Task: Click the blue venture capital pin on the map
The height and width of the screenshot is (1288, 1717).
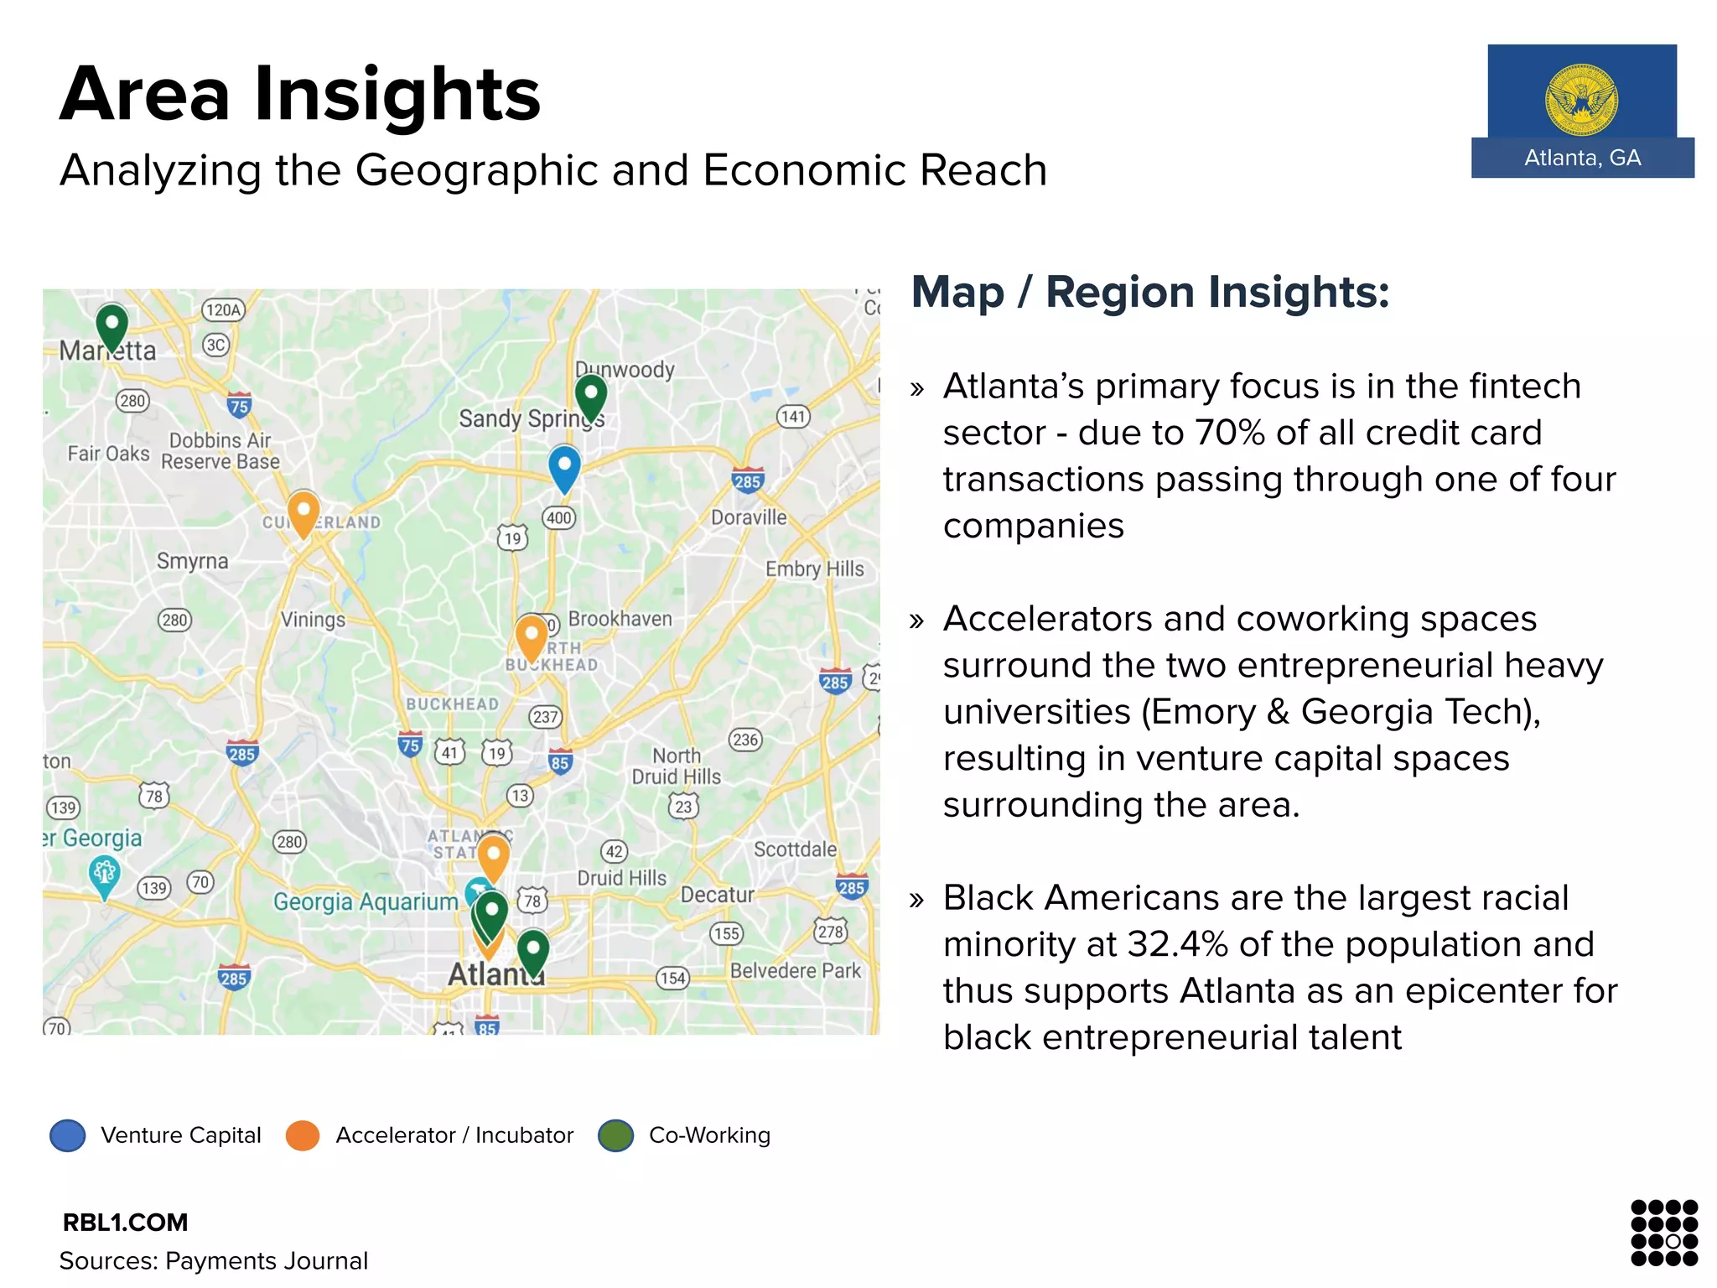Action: click(x=564, y=467)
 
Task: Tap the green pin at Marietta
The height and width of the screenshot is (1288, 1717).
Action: click(x=112, y=326)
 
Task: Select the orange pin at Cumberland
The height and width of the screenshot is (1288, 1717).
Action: click(x=303, y=512)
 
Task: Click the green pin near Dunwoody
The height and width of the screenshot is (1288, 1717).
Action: click(x=591, y=395)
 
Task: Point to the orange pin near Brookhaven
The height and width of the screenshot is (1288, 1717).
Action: click(x=532, y=636)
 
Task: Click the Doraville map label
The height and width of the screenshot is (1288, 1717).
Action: click(x=749, y=517)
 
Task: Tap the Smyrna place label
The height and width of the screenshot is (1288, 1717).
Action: click(x=192, y=560)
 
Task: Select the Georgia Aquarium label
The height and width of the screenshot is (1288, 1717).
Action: click(x=366, y=901)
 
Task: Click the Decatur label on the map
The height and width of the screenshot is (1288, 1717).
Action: click(x=717, y=895)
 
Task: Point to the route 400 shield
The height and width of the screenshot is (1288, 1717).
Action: click(x=559, y=517)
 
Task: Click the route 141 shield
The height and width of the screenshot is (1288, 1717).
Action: click(x=793, y=416)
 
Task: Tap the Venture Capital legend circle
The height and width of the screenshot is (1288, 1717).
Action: click(x=68, y=1135)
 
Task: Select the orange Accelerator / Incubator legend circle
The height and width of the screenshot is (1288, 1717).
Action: click(x=303, y=1135)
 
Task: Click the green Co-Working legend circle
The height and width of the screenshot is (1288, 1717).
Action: click(x=615, y=1135)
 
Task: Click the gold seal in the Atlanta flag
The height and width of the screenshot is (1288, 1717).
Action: click(x=1582, y=100)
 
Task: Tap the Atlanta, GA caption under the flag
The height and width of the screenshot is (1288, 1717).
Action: click(x=1582, y=158)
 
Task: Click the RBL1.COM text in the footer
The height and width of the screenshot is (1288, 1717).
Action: click(x=125, y=1223)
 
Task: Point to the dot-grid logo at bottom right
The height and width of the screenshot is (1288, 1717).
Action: click(x=1664, y=1232)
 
